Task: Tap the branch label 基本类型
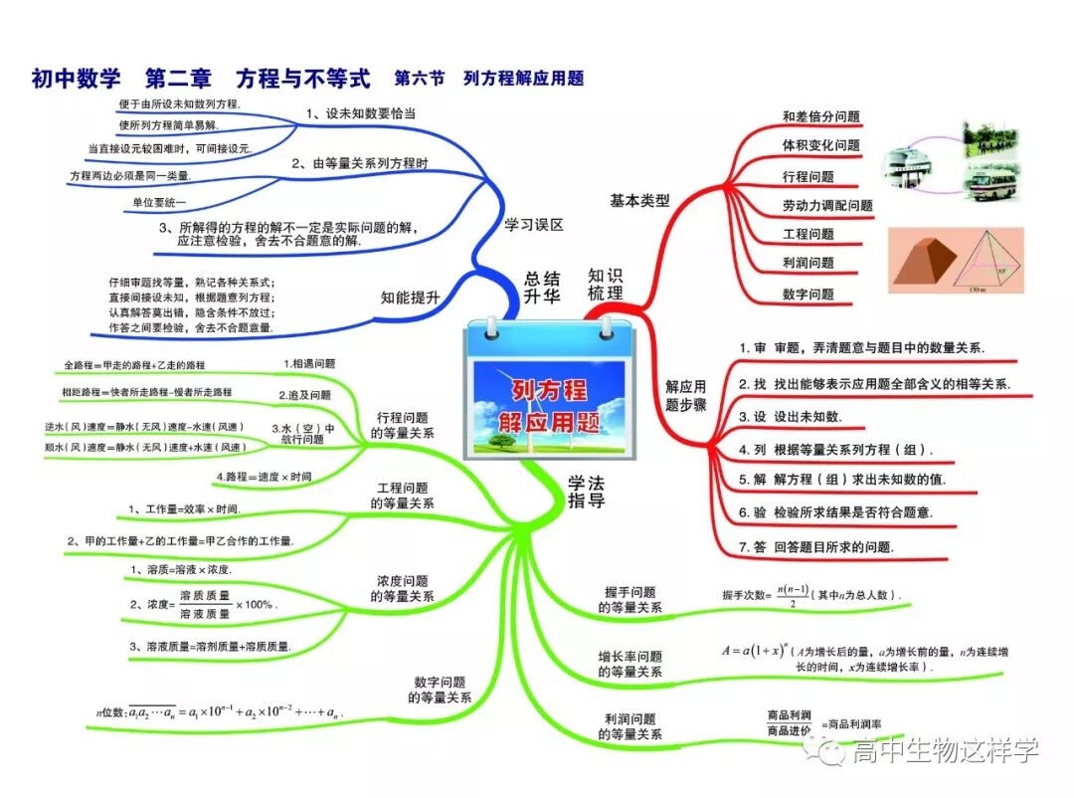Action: pos(639,200)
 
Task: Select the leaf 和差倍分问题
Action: pos(820,116)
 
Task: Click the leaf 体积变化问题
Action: pos(820,145)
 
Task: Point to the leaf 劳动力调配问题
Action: pos(826,205)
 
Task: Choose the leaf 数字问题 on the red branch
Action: pos(807,294)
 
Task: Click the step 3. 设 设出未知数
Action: pos(790,416)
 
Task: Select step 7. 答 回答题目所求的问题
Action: pos(816,547)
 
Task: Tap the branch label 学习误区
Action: pos(534,225)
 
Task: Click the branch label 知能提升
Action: pos(410,297)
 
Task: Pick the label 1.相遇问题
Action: pos(309,364)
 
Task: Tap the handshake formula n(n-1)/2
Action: pos(810,595)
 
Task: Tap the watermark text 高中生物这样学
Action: pos(945,751)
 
